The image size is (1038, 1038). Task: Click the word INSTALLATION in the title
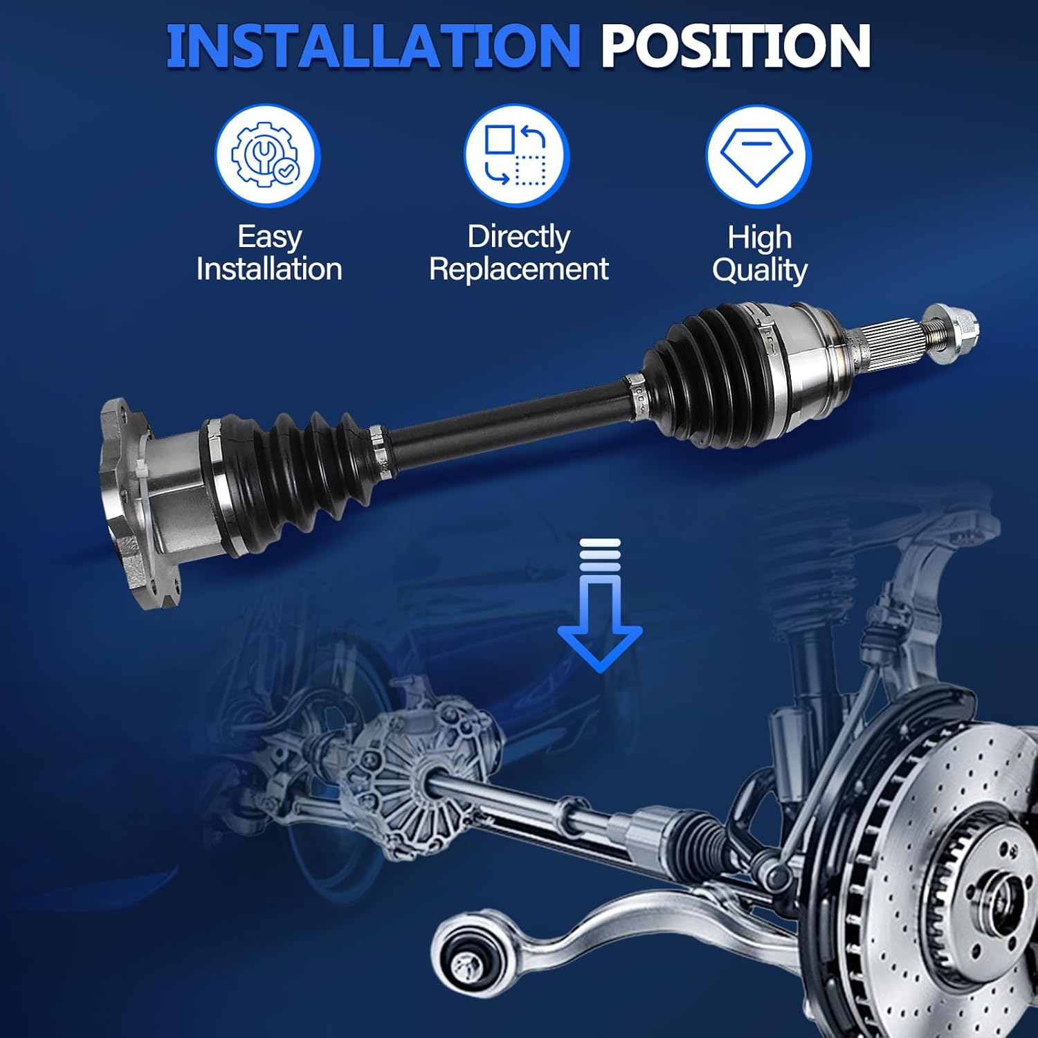click(x=372, y=46)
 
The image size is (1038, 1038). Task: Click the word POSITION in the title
click(x=735, y=46)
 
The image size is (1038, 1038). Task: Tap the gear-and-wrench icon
click(x=267, y=155)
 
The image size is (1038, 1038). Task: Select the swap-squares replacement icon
click(x=516, y=155)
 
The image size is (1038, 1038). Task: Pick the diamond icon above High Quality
click(x=758, y=155)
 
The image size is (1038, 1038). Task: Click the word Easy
click(x=269, y=237)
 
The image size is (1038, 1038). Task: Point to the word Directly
click(x=518, y=237)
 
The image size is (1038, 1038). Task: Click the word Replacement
click(x=518, y=269)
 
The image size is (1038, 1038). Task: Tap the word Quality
click(x=760, y=270)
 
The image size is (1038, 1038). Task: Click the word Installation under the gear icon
click(x=269, y=269)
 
